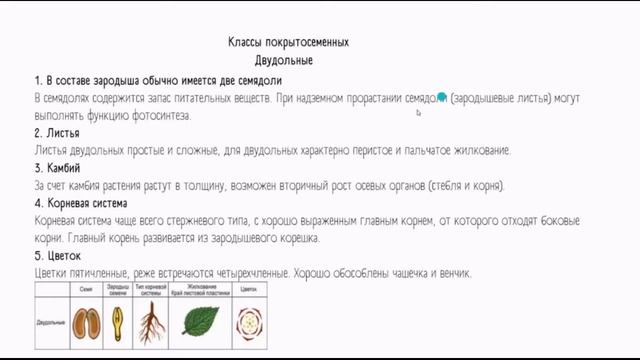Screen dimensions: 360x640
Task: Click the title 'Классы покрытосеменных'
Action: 288,43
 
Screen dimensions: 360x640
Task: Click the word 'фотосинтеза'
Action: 160,115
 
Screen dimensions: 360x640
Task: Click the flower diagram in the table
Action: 247,321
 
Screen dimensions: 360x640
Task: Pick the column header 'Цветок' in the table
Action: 247,289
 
